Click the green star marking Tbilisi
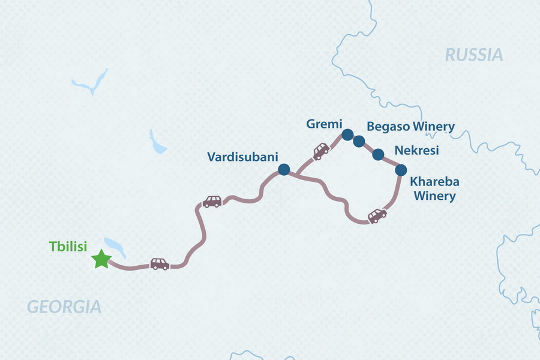(x=101, y=259)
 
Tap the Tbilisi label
(x=68, y=247)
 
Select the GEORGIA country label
(x=64, y=307)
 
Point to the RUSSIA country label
(x=473, y=55)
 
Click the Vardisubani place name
(x=242, y=157)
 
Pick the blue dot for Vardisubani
(x=284, y=170)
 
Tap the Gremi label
(x=323, y=124)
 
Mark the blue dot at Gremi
(x=346, y=134)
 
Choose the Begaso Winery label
(x=410, y=127)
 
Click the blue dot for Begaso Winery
(x=359, y=142)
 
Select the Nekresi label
(x=416, y=150)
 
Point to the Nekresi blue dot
(x=378, y=155)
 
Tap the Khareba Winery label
(x=433, y=188)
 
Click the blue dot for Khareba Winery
(x=401, y=170)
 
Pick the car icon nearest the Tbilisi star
(x=160, y=264)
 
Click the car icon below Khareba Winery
(x=377, y=215)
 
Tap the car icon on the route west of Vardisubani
(x=212, y=202)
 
